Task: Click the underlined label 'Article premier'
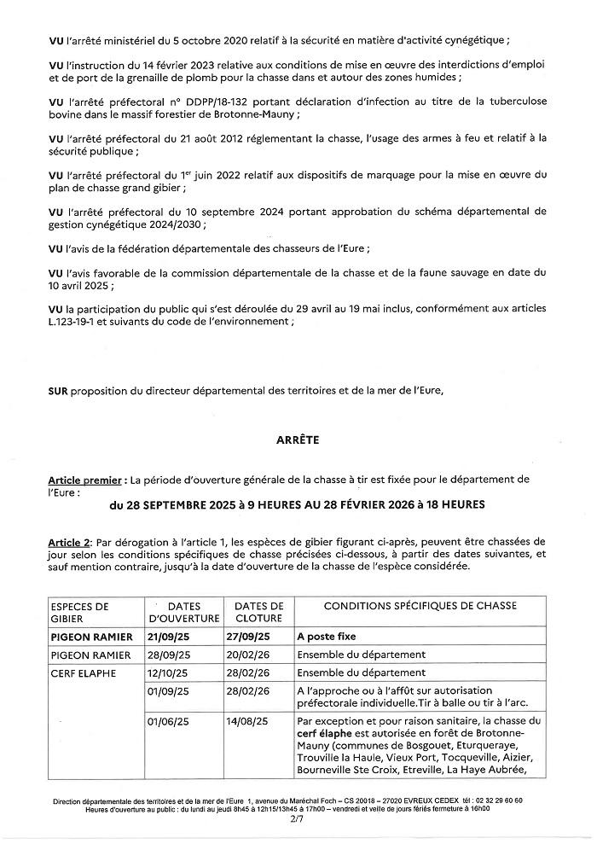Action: coord(84,480)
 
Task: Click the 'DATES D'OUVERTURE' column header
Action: coord(184,612)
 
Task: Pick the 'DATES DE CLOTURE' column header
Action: coord(258,612)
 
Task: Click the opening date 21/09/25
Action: coord(168,637)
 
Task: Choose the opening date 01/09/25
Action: coord(168,690)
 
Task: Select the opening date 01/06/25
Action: coord(168,721)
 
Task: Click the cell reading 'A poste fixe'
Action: coord(327,637)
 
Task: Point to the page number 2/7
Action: coord(297,818)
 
